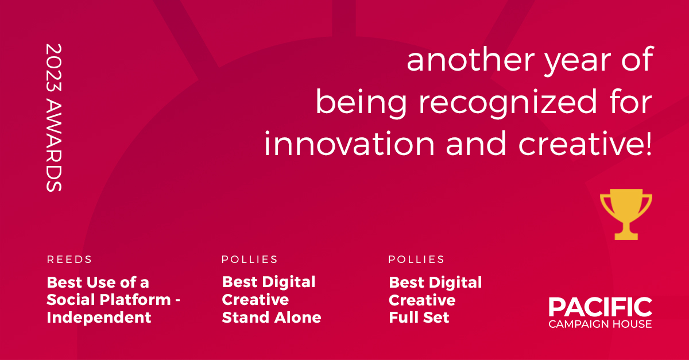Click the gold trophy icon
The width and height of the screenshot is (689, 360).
(x=626, y=214)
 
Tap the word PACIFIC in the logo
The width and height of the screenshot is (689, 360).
(x=601, y=307)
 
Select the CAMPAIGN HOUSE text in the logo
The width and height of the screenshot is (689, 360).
(x=600, y=324)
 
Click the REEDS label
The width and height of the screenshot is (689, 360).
(x=69, y=260)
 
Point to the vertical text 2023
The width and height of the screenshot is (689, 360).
(x=54, y=67)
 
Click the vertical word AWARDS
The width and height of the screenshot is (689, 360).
(x=54, y=145)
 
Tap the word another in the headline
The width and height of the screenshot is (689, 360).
(x=471, y=59)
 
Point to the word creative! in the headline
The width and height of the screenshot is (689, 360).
(x=585, y=144)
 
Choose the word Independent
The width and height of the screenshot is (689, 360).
(x=99, y=318)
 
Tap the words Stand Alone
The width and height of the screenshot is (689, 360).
(x=271, y=318)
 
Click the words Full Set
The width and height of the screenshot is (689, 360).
(x=419, y=318)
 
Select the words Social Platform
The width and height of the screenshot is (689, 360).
(x=109, y=300)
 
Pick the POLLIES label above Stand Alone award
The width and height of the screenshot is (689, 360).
(x=249, y=260)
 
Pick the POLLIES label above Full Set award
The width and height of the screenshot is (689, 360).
(x=416, y=260)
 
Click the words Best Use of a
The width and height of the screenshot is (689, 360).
(x=98, y=282)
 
